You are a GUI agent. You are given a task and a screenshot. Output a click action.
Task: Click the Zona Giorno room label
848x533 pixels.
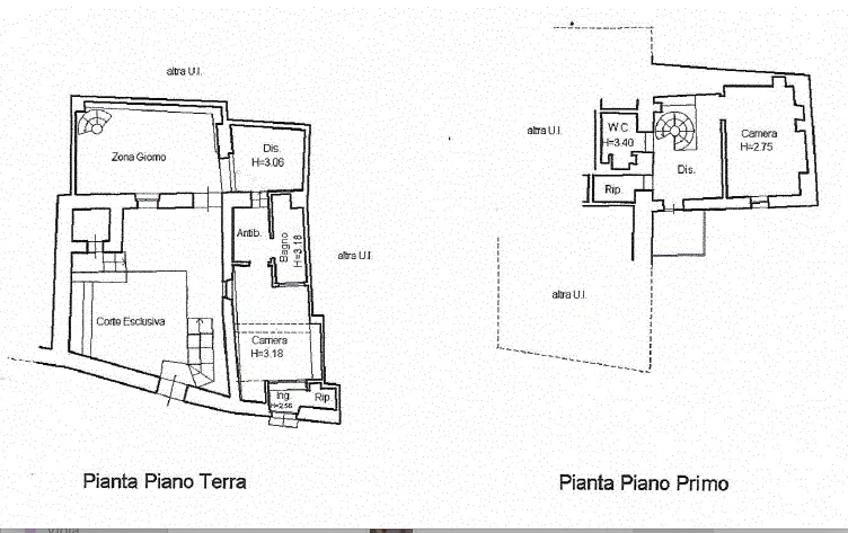[x=139, y=157]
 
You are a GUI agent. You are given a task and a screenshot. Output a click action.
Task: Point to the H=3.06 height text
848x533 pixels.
[x=268, y=162]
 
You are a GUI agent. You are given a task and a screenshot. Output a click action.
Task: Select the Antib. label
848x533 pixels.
[x=248, y=233]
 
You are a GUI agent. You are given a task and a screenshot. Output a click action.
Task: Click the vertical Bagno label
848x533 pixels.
[x=284, y=248]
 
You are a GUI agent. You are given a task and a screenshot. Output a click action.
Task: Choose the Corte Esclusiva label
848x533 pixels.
[x=130, y=322]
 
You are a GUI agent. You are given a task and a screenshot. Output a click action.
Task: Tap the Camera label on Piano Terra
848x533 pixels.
[x=270, y=340]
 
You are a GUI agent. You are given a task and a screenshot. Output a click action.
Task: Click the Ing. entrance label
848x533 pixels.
[x=283, y=396]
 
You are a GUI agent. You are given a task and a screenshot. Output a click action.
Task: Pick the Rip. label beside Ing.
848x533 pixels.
[x=323, y=397]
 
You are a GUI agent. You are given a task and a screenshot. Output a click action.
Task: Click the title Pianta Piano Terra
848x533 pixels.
[x=165, y=482]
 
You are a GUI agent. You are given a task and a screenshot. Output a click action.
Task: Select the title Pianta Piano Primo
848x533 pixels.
[x=644, y=483]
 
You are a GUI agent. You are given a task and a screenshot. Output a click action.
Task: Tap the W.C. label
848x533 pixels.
[x=619, y=128]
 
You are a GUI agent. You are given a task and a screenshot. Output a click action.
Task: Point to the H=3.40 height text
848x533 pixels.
[x=619, y=143]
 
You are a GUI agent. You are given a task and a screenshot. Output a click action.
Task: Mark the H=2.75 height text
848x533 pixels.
[x=757, y=147]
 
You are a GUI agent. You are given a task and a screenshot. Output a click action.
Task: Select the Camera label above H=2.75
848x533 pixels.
[x=759, y=134]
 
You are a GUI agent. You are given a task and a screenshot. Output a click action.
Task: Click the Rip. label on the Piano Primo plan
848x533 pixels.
[x=613, y=189]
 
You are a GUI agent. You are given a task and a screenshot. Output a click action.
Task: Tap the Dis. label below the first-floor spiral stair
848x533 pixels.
[x=686, y=169]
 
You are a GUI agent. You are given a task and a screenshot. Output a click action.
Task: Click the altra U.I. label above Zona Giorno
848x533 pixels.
[x=184, y=72]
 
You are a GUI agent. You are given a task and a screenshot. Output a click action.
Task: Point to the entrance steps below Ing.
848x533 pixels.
[x=283, y=419]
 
